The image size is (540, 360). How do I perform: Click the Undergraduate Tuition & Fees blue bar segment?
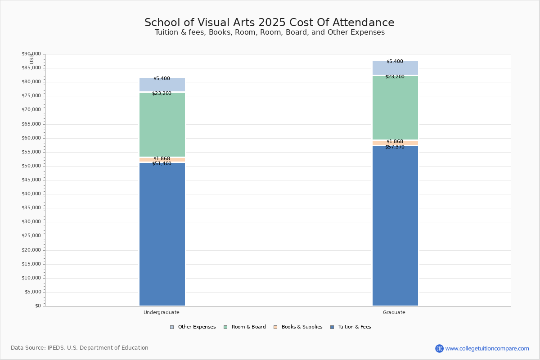click(x=162, y=234)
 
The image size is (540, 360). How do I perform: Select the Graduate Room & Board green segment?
click(x=395, y=108)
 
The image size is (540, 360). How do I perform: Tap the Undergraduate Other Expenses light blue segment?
click(x=162, y=85)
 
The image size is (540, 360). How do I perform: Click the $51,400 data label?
click(x=162, y=164)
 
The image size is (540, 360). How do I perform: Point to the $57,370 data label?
click(x=395, y=147)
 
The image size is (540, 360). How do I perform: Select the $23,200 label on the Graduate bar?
click(x=395, y=77)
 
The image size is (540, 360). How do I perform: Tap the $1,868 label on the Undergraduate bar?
click(x=162, y=159)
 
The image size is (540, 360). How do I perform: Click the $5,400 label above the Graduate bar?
click(x=395, y=62)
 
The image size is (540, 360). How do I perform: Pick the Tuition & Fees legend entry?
click(x=351, y=327)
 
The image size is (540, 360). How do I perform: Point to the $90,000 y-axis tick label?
click(x=31, y=54)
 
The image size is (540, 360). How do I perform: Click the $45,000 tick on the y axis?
click(x=31, y=180)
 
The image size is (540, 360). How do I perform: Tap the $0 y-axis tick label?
click(x=37, y=306)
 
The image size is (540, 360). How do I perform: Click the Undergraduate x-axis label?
click(x=162, y=312)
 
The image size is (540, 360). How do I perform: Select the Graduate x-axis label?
click(x=394, y=312)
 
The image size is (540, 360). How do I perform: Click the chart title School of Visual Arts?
click(x=269, y=23)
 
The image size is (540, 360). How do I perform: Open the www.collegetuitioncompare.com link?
click(x=487, y=348)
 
